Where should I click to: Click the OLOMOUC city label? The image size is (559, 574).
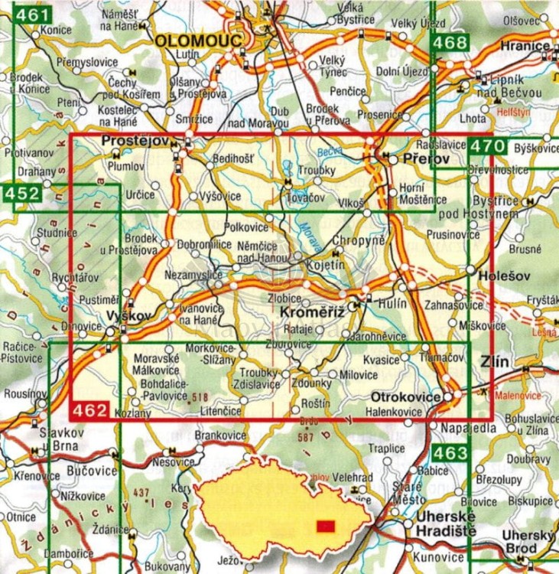pos(198,40)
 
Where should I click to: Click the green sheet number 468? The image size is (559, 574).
pos(448,43)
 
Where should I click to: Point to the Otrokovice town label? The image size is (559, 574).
pos(406,397)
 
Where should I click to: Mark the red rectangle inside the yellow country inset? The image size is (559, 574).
pos(326,526)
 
